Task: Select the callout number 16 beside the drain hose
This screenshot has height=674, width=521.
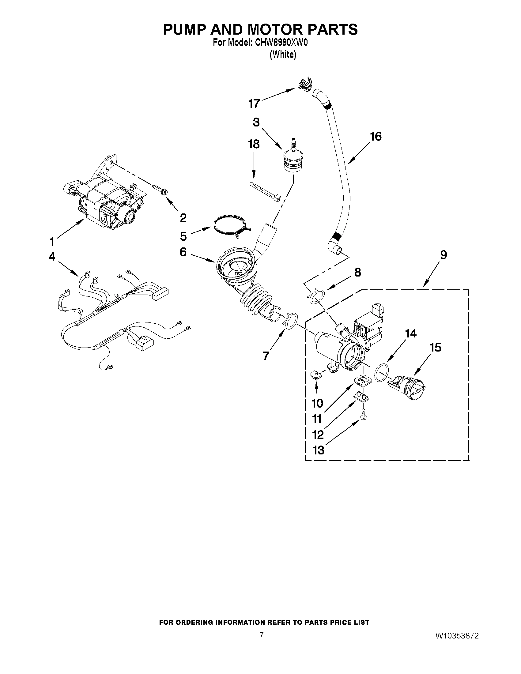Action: [x=376, y=136]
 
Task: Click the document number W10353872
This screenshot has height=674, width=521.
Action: [x=457, y=644]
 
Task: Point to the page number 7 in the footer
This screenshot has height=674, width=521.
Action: [x=261, y=644]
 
